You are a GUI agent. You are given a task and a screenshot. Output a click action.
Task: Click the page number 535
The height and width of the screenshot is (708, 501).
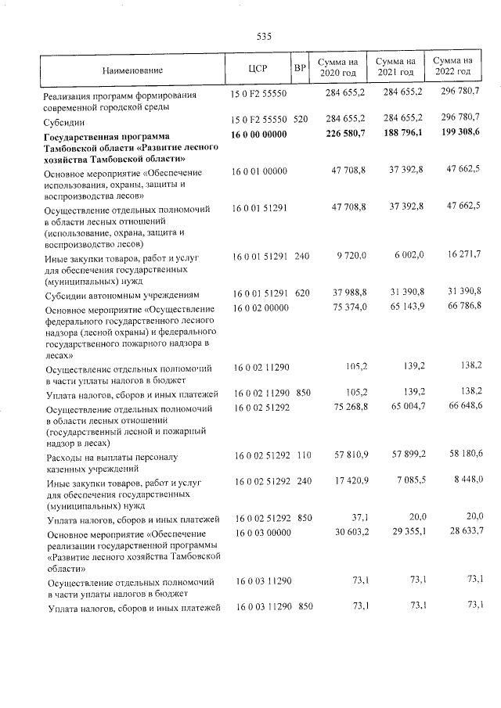[x=263, y=36]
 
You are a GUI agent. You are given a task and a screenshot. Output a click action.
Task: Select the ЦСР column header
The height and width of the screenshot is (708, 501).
[x=258, y=69]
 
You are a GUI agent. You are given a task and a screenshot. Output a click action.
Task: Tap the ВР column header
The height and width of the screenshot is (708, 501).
[x=299, y=68]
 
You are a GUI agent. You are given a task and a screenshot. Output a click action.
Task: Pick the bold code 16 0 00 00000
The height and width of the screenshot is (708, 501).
[x=260, y=134]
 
